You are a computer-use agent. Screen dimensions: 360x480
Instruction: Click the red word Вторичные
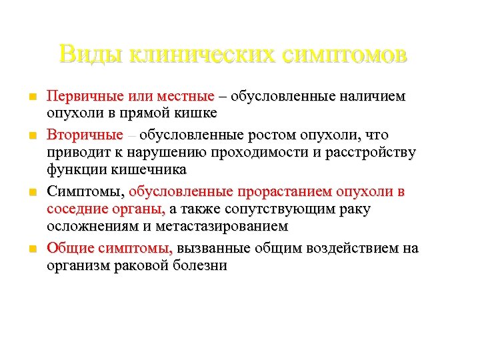pyautogui.click(x=85, y=135)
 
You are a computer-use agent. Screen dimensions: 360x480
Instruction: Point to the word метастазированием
pyautogui.click(x=225, y=226)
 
